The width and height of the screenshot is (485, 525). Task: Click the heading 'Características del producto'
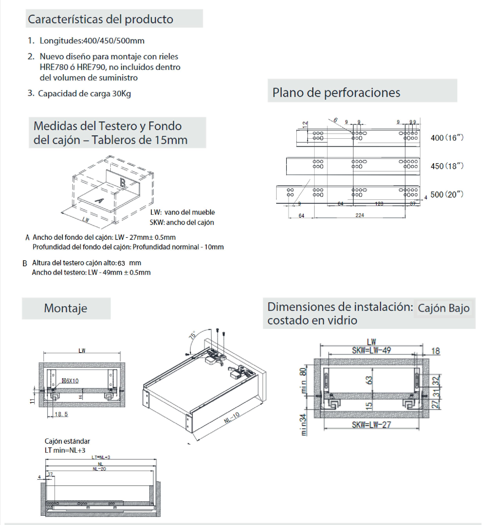click(100, 19)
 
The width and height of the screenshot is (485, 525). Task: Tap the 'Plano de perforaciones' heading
click(336, 92)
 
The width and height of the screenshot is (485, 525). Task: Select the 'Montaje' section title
click(66, 308)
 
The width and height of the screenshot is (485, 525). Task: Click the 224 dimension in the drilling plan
click(360, 215)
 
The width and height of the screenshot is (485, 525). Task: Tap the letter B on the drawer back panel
click(123, 183)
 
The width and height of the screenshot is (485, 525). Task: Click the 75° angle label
click(193, 335)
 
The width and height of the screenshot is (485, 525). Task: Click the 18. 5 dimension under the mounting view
click(61, 414)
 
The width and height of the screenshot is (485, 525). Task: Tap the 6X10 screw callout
click(70, 381)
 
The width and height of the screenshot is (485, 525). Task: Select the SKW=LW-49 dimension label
click(371, 350)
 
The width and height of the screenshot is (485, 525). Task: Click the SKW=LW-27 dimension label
click(371, 425)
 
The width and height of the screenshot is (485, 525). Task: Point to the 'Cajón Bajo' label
click(443, 308)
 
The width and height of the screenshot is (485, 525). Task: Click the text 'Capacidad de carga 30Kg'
click(84, 93)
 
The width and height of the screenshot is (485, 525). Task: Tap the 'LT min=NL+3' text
click(65, 450)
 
